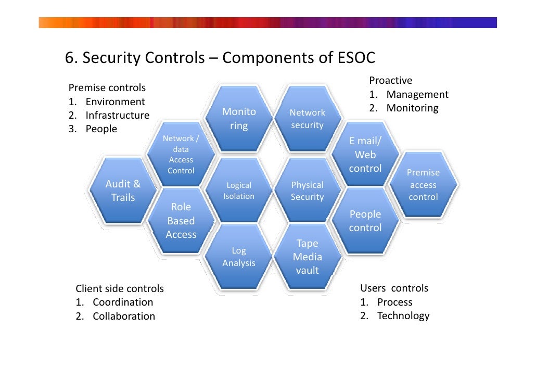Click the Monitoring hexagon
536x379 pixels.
(239, 119)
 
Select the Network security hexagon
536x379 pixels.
(307, 119)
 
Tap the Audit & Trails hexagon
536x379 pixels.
(123, 191)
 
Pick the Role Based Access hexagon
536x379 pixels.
(181, 221)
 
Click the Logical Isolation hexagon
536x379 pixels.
(239, 191)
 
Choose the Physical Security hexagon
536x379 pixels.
(307, 191)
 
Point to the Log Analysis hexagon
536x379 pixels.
(239, 257)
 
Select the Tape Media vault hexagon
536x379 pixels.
(307, 257)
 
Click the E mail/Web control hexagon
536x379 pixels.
(365, 155)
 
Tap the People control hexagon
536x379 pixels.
(365, 221)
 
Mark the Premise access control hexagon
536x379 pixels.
(423, 185)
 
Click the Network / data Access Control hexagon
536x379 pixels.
(181, 155)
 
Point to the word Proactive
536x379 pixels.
(390, 80)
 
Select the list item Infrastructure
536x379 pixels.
(117, 115)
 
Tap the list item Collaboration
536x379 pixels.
(124, 316)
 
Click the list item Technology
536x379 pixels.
(403, 315)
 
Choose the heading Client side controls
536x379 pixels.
(120, 288)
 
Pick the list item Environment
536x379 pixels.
(115, 102)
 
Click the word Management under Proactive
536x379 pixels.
(417, 94)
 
